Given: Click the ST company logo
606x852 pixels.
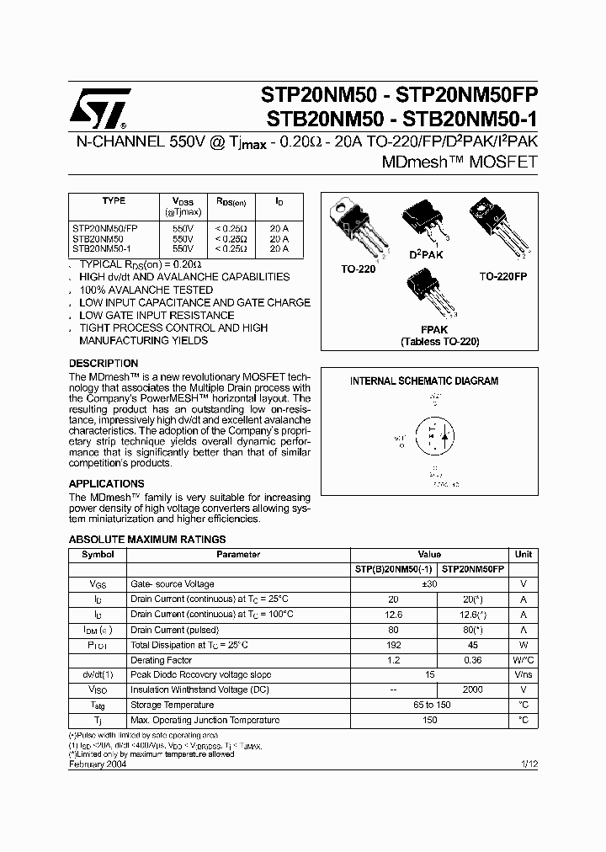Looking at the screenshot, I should tap(98, 107).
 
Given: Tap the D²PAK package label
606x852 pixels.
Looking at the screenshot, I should tap(426, 253).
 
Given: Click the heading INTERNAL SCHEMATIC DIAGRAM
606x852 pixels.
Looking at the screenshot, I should tap(424, 381).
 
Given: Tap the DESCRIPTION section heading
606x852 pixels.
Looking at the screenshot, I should tap(103, 364).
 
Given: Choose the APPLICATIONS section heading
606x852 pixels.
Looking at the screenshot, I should tap(106, 484).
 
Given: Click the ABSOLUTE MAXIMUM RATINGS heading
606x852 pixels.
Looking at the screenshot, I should tap(146, 540).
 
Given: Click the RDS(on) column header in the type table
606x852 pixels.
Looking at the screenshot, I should tap(231, 203).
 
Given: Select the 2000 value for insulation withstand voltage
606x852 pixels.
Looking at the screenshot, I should tap(472, 690).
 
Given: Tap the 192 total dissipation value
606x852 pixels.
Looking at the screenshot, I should tap(393, 644).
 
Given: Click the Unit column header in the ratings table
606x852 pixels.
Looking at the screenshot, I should tap(523, 555).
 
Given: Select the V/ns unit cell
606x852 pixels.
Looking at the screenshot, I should tap(523, 675).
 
